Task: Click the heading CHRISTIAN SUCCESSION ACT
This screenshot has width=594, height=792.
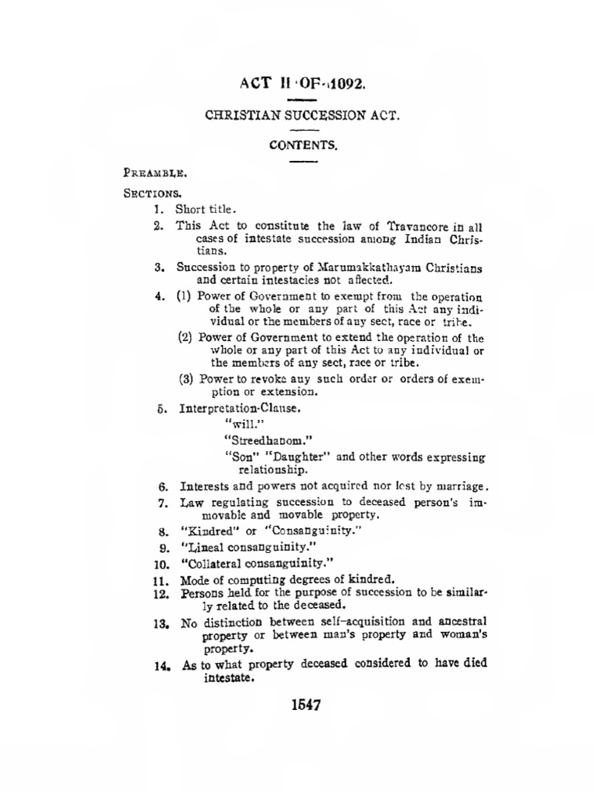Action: (303, 116)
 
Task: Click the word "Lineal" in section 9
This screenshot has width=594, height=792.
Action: (203, 547)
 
